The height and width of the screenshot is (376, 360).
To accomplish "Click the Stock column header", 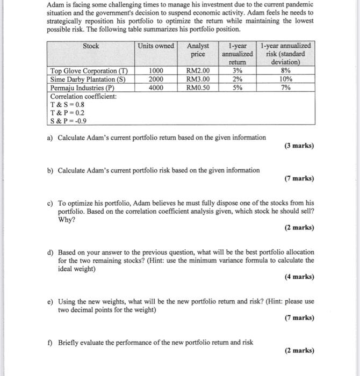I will pos(91,46).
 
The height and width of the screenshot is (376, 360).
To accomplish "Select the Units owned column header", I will pos(156,46).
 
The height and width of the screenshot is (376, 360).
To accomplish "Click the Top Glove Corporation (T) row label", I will pos(89,71).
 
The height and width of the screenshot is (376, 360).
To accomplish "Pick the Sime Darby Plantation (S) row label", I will pos(88,79).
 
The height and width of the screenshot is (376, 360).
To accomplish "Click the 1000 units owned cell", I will pos(156,71).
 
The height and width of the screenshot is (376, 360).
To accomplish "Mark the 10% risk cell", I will pos(286,79).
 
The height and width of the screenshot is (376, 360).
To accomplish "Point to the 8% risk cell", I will pos(286,71).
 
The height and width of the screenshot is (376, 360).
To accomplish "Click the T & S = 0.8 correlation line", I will pos(67,105).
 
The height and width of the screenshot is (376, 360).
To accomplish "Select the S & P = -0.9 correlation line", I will pos(68,121).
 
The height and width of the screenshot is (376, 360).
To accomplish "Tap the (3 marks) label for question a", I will pos(299,146).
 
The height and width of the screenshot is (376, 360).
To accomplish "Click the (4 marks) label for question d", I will pos(299,277).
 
